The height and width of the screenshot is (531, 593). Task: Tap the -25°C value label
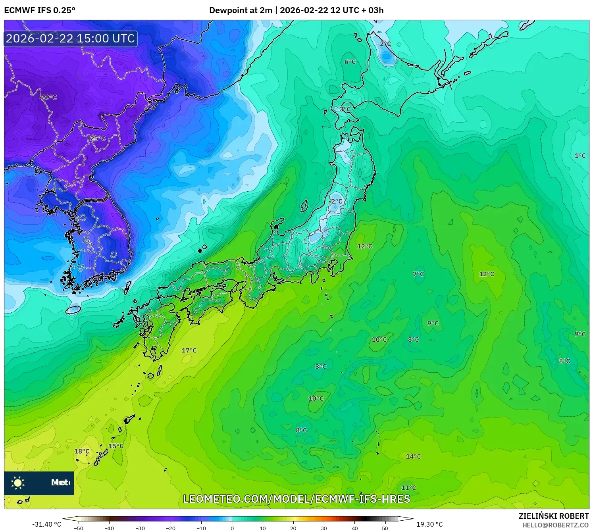coord(97,138)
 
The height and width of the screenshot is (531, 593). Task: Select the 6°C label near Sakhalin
coord(350,62)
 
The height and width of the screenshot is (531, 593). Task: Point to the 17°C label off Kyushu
coord(189,350)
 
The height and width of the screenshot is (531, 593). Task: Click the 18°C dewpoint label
coord(82,451)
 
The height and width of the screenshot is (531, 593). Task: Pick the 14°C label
coord(413,457)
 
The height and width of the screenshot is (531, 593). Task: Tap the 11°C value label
coord(408,488)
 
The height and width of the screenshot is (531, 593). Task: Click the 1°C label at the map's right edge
coord(580,156)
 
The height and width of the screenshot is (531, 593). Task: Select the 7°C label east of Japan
coord(418,274)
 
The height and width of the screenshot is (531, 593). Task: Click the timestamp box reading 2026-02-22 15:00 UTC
coord(71,38)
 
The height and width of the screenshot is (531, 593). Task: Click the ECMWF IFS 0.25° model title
coord(40,10)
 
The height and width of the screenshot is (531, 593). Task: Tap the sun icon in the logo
coord(18,483)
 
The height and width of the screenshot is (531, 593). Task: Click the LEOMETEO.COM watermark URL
coord(296,499)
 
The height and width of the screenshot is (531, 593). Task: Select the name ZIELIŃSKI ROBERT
coord(554,516)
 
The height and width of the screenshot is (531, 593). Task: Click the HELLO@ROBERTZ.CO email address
coord(555,525)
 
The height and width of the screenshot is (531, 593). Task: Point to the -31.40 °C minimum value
coord(47,524)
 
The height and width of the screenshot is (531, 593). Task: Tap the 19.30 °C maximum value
coord(429,524)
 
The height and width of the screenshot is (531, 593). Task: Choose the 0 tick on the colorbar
coord(232,528)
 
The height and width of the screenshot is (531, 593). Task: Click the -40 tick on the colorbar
coord(109,528)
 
